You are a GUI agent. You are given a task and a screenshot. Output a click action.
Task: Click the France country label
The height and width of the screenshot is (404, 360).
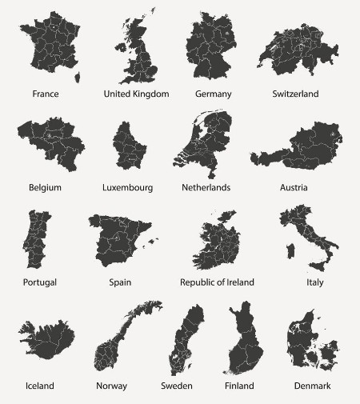point(46,94)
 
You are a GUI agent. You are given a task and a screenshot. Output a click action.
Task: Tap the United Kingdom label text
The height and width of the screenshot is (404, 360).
point(136,94)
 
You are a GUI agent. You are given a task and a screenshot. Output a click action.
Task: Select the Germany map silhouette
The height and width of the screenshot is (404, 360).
point(212,46)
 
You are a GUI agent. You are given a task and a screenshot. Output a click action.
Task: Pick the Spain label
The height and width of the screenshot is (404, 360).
point(121,282)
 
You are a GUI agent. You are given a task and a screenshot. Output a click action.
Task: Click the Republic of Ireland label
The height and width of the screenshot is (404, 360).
point(217,282)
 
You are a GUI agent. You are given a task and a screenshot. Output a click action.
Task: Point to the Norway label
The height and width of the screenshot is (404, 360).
point(111,386)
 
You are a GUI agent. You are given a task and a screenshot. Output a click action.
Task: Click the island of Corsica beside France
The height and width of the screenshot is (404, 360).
point(78,77)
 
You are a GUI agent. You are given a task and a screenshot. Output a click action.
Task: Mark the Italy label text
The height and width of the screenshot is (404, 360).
point(314,282)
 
